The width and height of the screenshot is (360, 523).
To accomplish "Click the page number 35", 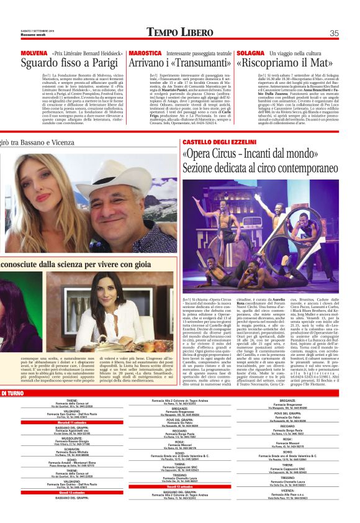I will [x=334, y=33].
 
